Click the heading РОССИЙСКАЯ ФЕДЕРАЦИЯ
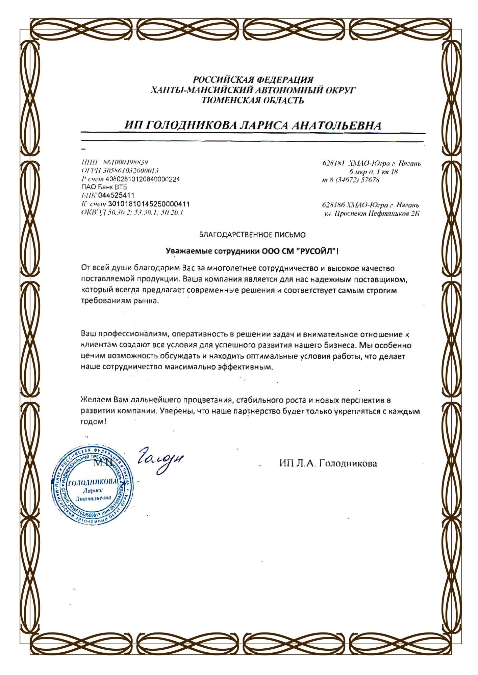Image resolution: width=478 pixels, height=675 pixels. coord(253,80)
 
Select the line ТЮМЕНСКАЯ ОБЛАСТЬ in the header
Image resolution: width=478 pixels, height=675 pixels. coord(253,100)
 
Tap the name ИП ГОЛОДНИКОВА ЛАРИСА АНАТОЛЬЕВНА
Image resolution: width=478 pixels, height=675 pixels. coord(253,126)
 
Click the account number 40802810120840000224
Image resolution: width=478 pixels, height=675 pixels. coord(143,179)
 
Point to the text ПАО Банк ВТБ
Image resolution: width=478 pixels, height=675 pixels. coord(104,187)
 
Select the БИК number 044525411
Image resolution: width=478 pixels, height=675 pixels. coord(116,195)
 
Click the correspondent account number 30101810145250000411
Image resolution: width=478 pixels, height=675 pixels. coord(149,204)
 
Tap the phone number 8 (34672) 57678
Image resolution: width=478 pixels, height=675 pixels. coord(354,180)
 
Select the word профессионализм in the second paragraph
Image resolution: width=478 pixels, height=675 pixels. coord(133,334)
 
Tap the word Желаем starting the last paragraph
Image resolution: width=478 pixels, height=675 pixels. coord(96,400)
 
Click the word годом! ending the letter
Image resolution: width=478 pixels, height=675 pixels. coord(93,422)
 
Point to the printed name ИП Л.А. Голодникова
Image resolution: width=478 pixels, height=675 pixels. coord(328,463)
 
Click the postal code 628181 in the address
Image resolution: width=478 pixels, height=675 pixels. coord(333,164)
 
